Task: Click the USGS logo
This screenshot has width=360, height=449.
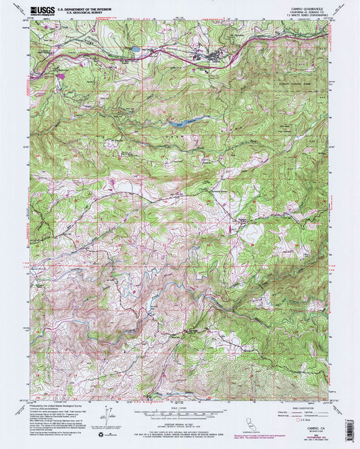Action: pyautogui.click(x=41, y=10)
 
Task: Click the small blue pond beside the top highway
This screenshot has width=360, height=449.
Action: pyautogui.click(x=136, y=49)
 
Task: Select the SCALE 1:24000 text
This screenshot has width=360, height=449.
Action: pyautogui.click(x=179, y=405)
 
